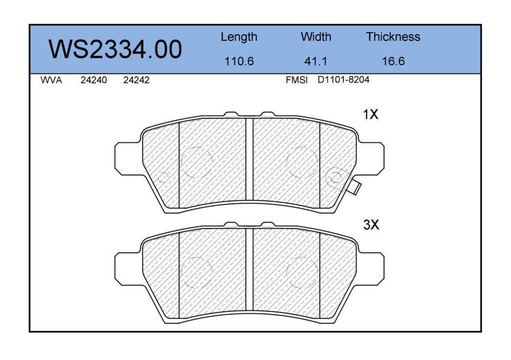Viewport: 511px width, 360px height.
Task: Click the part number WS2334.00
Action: (115, 50)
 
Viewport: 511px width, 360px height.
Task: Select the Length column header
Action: (239, 37)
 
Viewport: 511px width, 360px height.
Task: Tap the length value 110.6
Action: (239, 61)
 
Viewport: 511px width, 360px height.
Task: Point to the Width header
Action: (316, 36)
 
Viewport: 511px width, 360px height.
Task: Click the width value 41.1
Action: (315, 61)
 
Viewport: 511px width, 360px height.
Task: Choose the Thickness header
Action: (393, 36)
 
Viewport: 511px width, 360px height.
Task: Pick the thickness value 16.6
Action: (393, 61)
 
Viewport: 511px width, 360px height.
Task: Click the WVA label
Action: (51, 80)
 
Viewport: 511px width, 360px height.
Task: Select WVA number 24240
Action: (94, 80)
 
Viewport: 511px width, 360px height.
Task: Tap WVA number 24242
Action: (136, 80)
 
